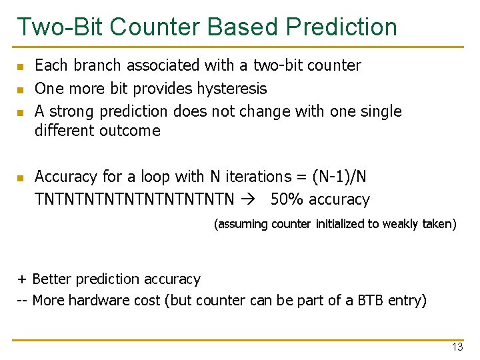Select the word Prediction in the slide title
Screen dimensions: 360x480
click(341, 27)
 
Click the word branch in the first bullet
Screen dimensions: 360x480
click(90, 65)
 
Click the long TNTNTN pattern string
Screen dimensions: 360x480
click(135, 199)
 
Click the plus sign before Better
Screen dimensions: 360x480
click(21, 279)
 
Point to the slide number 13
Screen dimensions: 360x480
click(457, 347)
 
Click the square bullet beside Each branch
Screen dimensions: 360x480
click(21, 67)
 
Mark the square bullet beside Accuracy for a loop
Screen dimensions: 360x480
click(21, 178)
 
